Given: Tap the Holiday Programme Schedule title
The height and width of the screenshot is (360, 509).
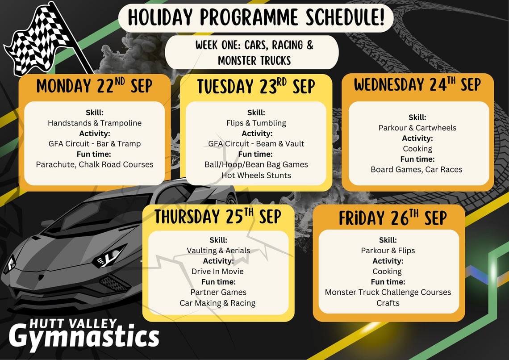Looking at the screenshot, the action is (x=256, y=17).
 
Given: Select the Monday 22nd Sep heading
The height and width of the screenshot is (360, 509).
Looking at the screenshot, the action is (x=94, y=86).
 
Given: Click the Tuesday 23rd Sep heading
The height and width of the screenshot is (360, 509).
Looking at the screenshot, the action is (x=256, y=87).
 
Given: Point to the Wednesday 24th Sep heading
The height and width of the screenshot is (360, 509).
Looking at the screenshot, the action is (x=417, y=84).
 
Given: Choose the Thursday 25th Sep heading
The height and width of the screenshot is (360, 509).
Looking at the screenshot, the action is (x=218, y=217).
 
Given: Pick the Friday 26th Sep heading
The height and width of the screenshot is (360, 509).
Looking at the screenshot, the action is (x=393, y=218).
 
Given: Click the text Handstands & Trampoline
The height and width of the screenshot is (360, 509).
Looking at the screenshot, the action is (x=95, y=123).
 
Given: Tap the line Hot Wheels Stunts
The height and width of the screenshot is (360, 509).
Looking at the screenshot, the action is (x=256, y=175).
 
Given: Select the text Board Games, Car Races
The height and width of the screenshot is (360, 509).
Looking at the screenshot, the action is (x=417, y=169).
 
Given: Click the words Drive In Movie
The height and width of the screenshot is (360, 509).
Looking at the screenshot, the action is (x=217, y=272).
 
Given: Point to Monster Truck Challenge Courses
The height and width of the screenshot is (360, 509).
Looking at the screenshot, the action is (x=388, y=292).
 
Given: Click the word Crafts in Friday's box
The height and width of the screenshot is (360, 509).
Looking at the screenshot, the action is (x=388, y=303).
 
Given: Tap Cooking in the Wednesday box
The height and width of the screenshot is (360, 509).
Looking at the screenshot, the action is (x=417, y=149).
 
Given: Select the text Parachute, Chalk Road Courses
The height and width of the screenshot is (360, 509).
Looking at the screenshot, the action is (x=95, y=164).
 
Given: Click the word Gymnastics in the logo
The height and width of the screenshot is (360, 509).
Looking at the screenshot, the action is (x=84, y=337).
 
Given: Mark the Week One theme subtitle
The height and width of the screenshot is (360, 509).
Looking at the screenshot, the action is (x=254, y=53).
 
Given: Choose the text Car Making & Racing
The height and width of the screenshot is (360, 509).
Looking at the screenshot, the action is (x=217, y=303).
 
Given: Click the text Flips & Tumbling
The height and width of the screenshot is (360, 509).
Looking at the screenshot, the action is (x=256, y=123).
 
